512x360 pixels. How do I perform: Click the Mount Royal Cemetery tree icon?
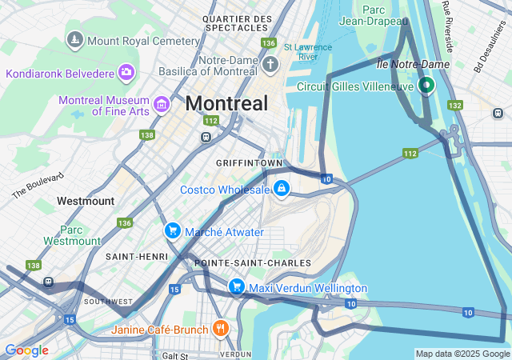pos(75,39)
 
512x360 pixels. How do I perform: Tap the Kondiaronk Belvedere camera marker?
pos(126,74)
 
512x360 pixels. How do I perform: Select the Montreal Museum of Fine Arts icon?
pos(162,104)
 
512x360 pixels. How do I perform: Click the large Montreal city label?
pos(226,103)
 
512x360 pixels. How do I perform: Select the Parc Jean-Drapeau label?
pos(373,15)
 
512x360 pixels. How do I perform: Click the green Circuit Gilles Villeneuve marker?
pos(426,84)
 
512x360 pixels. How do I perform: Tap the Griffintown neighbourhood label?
pos(250,162)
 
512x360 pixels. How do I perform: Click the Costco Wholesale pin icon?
pos(282,189)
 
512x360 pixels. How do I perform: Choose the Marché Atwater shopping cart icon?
pos(172,231)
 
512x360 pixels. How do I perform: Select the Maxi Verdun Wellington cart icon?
pos(236,286)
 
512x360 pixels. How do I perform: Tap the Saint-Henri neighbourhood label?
pos(136,256)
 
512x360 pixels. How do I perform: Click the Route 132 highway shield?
pos(455,106)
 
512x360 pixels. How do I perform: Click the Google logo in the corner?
pos(26,350)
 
